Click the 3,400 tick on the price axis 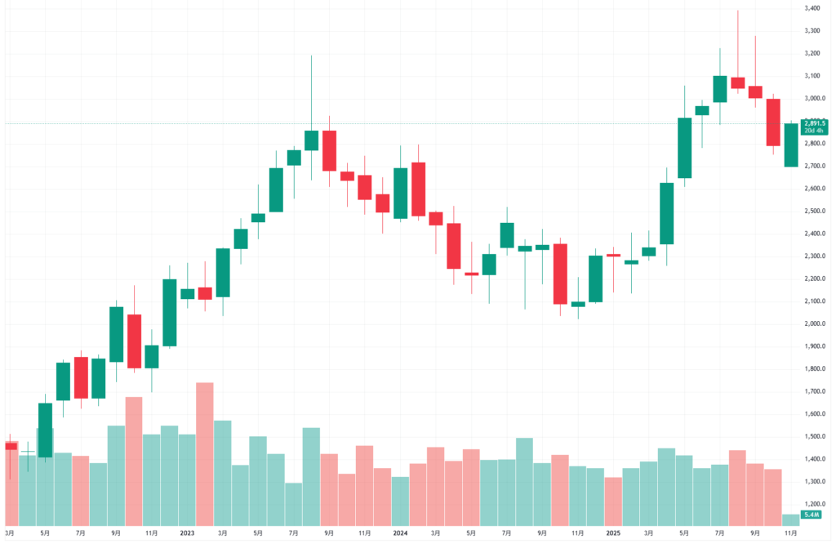point(812,8)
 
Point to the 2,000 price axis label point(812,323)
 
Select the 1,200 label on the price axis point(812,504)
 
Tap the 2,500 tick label point(812,211)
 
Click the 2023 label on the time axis point(188,533)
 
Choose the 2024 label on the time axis point(400,533)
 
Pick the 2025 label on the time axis point(614,533)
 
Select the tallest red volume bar point(205,453)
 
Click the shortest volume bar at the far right point(790,519)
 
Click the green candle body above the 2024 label point(400,194)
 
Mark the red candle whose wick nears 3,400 point(737,82)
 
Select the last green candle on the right point(790,145)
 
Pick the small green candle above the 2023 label point(188,293)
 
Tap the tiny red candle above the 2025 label point(614,255)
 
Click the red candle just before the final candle point(773,123)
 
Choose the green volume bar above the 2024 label point(400,501)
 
